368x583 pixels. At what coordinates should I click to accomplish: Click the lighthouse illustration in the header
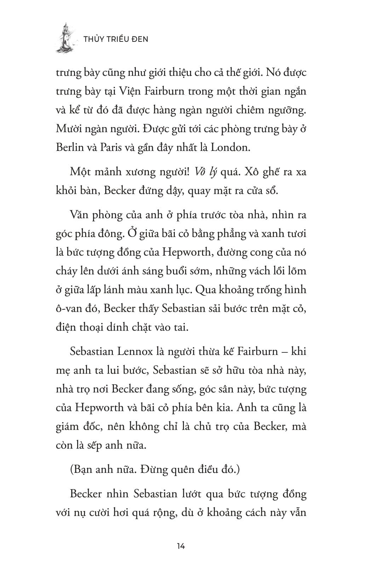66,38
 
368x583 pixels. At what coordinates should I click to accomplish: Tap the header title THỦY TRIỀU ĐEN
116,39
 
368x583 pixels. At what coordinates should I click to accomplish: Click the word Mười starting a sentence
69,129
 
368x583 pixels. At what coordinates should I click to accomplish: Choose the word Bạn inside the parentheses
82,470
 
